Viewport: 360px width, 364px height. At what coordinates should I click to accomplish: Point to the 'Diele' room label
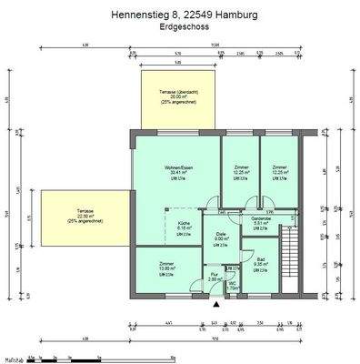[x=220, y=235]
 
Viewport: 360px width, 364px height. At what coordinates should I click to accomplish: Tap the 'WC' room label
[x=232, y=283]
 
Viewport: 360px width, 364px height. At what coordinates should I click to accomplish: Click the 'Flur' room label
[x=213, y=274]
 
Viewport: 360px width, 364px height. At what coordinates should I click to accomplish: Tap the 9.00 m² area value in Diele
[x=220, y=240]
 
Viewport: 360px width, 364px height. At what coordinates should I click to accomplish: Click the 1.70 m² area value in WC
[x=232, y=288]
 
